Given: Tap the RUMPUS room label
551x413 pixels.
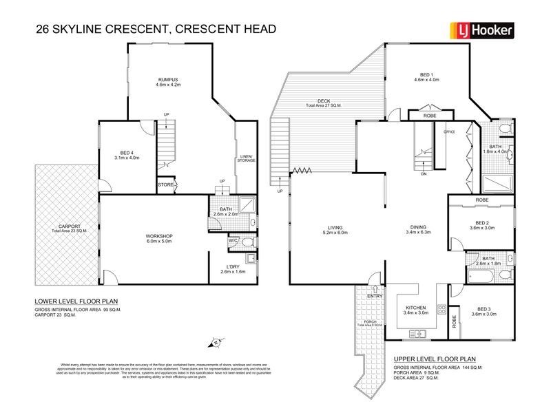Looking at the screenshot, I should (x=168, y=81).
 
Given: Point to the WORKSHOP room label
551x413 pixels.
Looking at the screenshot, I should (x=158, y=237).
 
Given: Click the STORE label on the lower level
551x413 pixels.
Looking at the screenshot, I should (x=166, y=184).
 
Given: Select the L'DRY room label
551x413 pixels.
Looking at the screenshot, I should (x=233, y=267).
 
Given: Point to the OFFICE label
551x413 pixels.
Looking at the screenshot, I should (x=450, y=131).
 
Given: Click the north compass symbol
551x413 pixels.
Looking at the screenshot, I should (x=216, y=342).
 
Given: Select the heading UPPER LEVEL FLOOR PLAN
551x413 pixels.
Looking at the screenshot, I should (x=435, y=359).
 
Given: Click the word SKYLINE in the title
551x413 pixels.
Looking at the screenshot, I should (x=103, y=29).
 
